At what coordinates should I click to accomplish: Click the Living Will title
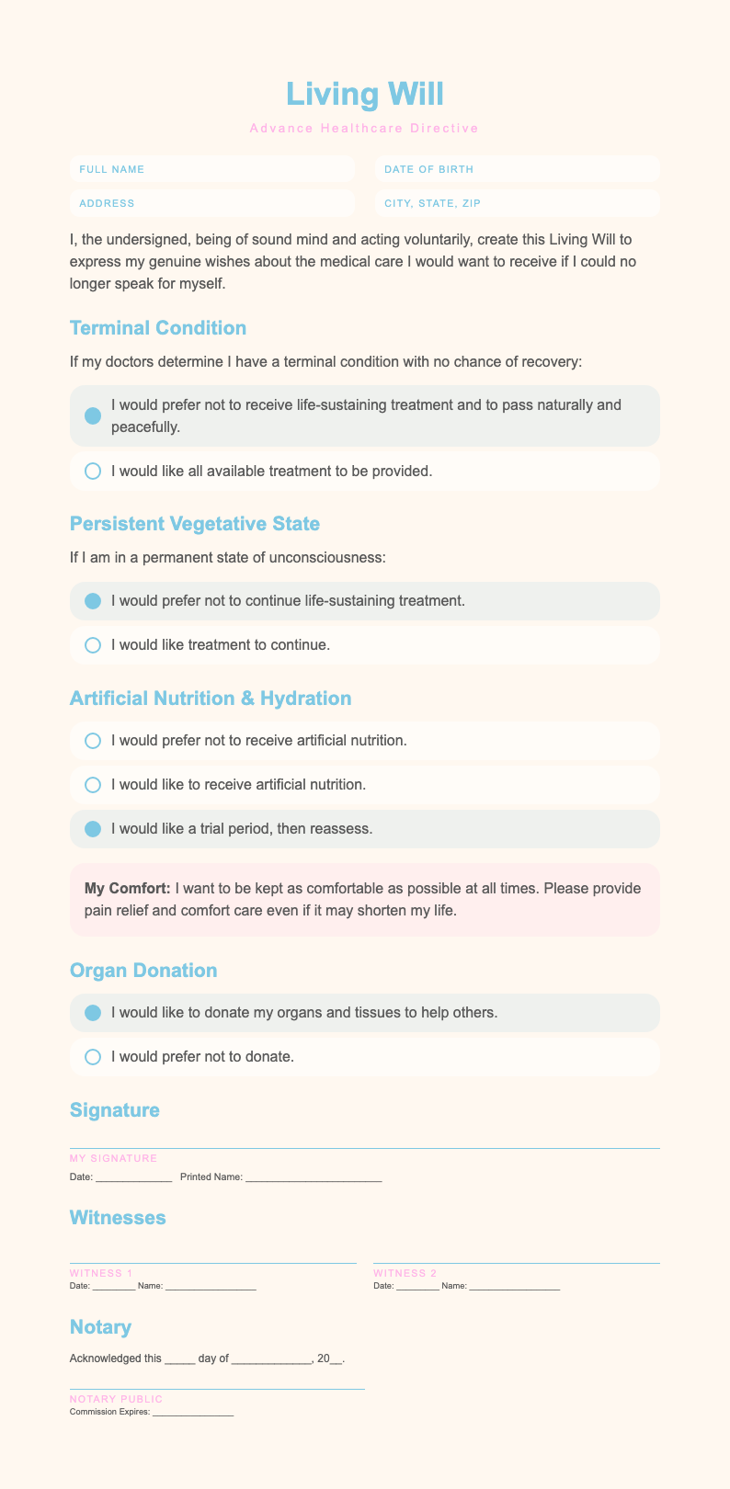pos(364,94)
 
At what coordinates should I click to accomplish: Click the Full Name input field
pos(212,169)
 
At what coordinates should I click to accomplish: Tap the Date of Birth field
pos(517,169)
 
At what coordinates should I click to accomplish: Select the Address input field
pos(212,203)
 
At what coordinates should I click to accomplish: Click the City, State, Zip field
pos(517,203)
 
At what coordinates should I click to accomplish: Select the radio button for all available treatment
pos(92,471)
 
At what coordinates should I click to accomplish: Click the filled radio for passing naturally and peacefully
pos(92,415)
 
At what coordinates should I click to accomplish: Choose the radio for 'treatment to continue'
pos(92,645)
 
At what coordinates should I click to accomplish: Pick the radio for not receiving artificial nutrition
pos(92,740)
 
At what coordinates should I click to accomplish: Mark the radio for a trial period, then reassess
pos(92,828)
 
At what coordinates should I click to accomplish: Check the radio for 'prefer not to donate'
pos(92,1057)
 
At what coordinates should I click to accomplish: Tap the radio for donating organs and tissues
pos(92,1013)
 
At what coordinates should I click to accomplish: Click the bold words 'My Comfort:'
pos(127,889)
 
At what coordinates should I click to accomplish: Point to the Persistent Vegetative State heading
pos(194,524)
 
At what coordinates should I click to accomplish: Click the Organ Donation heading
pos(143,971)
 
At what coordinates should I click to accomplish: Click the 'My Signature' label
pos(113,1158)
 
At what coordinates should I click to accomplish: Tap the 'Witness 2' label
pos(405,1273)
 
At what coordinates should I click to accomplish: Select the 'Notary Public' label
pos(116,1399)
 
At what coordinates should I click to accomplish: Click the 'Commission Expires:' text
pos(109,1412)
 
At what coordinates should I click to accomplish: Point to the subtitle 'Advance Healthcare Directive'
pos(364,128)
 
